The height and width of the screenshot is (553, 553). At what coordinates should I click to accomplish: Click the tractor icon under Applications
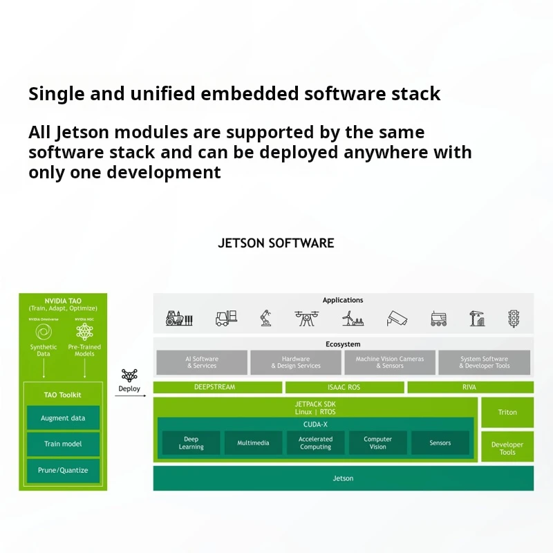(178, 318)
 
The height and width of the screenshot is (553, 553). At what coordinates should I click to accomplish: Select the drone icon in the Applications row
(306, 318)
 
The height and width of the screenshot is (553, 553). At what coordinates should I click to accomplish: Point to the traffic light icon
(514, 318)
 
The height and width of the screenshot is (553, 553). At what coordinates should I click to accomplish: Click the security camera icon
(397, 319)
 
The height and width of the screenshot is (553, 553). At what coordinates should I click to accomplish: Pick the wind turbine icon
(353, 318)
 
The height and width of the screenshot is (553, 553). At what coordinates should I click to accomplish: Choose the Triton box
(507, 412)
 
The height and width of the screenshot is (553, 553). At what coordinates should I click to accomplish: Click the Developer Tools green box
(507, 448)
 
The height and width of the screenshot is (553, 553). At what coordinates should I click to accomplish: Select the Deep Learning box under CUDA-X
(191, 443)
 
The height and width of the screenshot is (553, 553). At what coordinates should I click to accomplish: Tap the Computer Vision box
(377, 443)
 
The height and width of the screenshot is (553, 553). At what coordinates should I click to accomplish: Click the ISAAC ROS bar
(344, 387)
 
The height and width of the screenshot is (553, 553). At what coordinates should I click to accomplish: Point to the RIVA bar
(469, 387)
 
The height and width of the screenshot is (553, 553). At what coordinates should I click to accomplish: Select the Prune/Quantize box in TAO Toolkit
(63, 470)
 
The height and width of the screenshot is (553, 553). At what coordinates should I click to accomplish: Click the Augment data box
(63, 418)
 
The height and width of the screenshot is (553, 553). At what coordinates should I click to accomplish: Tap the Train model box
(63, 444)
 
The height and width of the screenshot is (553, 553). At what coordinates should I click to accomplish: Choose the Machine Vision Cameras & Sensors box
(390, 362)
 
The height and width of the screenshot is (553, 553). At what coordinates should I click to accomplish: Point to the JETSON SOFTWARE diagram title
(276, 243)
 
